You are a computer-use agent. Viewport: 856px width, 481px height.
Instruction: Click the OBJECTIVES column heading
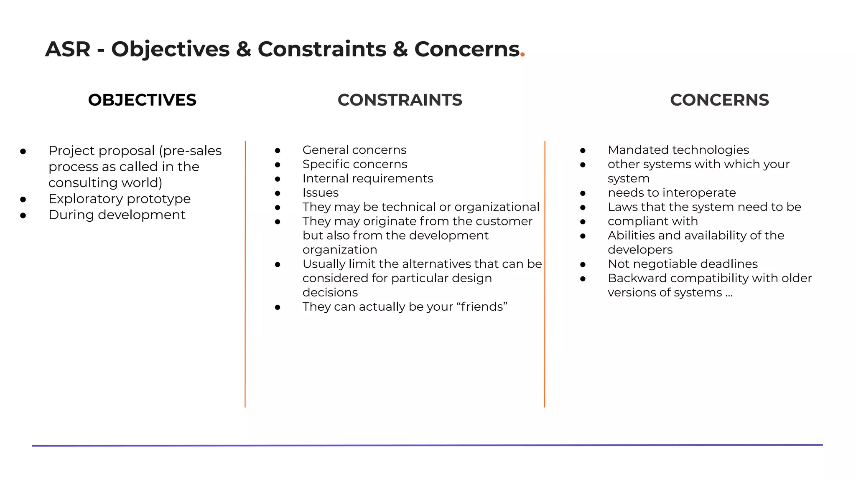[142, 100]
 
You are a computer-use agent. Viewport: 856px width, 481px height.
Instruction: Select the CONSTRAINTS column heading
[400, 100]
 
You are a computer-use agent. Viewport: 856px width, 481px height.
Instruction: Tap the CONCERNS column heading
[719, 100]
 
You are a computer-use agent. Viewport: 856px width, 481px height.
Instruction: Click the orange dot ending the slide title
[522, 55]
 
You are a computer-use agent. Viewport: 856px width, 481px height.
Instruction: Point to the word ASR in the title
[68, 49]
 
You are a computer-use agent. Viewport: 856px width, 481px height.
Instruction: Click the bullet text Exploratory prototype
[119, 199]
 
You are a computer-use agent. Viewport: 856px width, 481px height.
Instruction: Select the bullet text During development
[117, 215]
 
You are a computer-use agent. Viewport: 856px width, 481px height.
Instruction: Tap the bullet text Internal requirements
[367, 178]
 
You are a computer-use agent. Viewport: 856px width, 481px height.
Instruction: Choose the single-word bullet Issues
[320, 192]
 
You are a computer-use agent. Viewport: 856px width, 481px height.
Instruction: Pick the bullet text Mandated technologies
[678, 150]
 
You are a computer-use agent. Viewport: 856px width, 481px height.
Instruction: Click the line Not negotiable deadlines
[682, 264]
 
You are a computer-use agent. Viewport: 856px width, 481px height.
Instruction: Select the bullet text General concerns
[354, 150]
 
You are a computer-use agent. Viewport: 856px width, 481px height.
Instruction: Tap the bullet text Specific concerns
[354, 164]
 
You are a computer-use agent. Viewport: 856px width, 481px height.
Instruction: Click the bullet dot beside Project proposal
[23, 151]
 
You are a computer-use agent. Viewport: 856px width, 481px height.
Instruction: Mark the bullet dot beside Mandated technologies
[583, 151]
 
